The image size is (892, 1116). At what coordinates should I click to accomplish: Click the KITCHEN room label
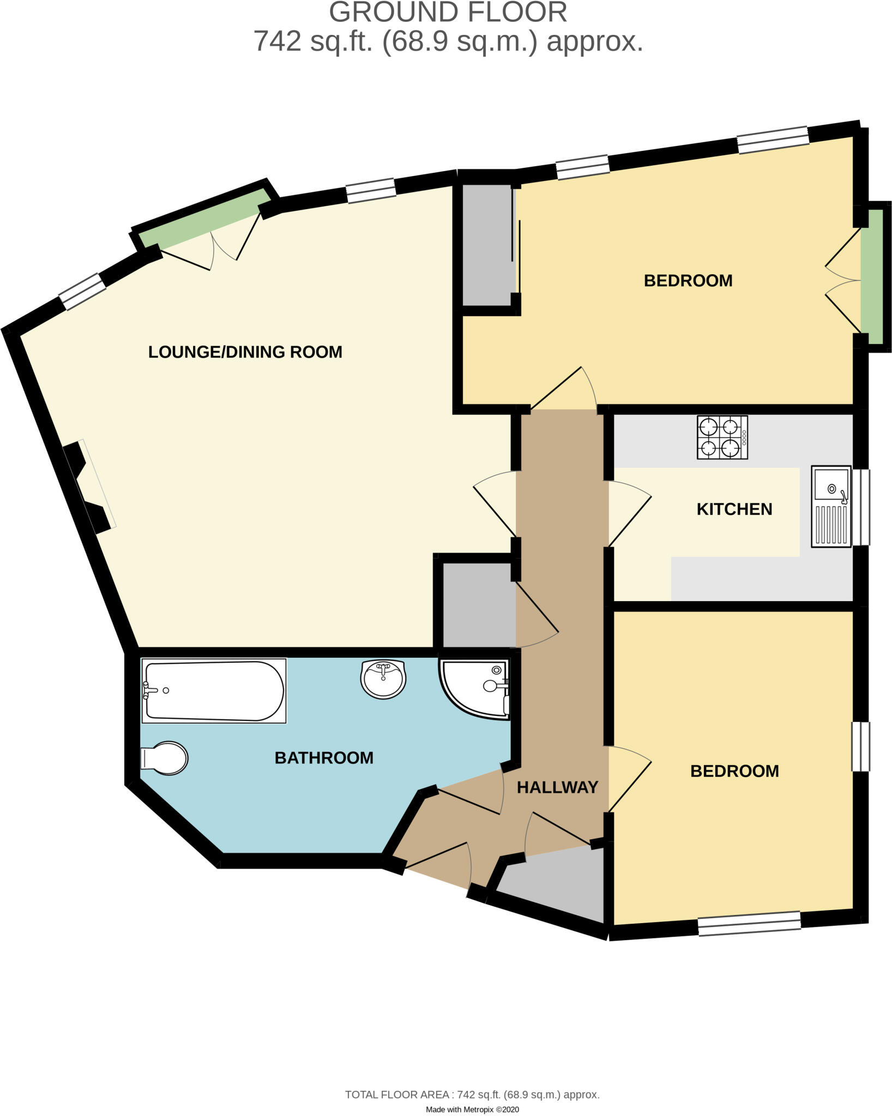[x=734, y=509]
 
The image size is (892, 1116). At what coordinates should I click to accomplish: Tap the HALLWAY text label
[x=557, y=787]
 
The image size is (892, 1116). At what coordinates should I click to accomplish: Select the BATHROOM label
[x=324, y=757]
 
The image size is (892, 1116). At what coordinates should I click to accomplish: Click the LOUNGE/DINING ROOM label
[x=245, y=352]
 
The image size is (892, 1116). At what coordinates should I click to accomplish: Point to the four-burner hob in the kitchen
[x=722, y=438]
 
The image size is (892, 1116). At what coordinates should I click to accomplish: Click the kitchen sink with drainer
[x=831, y=506]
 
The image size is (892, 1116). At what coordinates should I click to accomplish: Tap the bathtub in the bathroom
[x=214, y=690]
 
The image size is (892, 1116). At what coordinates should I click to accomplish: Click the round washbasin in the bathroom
[x=383, y=678]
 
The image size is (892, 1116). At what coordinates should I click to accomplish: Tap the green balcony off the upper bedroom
[x=875, y=277]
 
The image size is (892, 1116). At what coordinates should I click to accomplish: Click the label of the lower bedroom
[x=734, y=771]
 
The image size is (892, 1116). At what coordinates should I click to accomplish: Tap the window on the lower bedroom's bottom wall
[x=749, y=923]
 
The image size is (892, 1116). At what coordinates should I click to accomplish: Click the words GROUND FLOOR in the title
[x=448, y=12]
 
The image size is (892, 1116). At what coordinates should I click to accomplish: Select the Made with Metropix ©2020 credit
[x=472, y=1109]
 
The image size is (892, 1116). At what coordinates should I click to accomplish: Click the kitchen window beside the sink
[x=861, y=507]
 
